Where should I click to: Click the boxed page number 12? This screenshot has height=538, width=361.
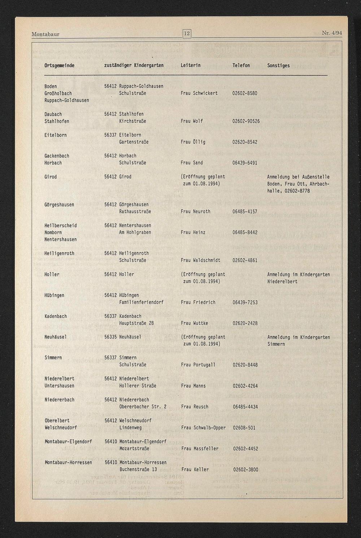pyautogui.click(x=187, y=34)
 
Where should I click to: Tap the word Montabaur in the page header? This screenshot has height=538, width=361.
pyautogui.click(x=45, y=34)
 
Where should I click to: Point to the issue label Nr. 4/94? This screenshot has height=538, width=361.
pyautogui.click(x=332, y=33)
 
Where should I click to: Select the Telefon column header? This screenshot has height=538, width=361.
pyautogui.click(x=241, y=65)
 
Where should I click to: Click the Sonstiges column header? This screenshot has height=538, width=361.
pyautogui.click(x=278, y=65)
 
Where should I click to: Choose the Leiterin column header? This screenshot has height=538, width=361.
pyautogui.click(x=191, y=65)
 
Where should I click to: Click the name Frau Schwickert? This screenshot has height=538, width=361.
pyautogui.click(x=199, y=93)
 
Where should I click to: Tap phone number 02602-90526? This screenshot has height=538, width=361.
pyautogui.click(x=246, y=121)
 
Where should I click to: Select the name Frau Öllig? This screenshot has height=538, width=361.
pyautogui.click(x=193, y=142)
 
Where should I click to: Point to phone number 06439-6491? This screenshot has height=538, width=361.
pyautogui.click(x=245, y=163)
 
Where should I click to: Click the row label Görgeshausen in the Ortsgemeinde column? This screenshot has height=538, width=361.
pyautogui.click(x=59, y=205)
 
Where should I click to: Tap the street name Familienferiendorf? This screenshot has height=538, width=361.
pyautogui.click(x=141, y=302)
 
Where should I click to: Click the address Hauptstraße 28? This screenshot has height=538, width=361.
pyautogui.click(x=136, y=323)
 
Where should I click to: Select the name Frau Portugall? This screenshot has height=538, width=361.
pyautogui.click(x=198, y=365)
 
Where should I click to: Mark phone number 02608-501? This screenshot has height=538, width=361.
pyautogui.click(x=244, y=428)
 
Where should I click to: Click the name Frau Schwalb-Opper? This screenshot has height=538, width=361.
pyautogui.click(x=204, y=428)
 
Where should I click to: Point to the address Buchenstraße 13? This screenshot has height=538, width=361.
pyautogui.click(x=138, y=470)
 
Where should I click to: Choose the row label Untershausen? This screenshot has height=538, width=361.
pyautogui.click(x=59, y=386)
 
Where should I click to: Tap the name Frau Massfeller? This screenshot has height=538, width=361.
pyautogui.click(x=200, y=449)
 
